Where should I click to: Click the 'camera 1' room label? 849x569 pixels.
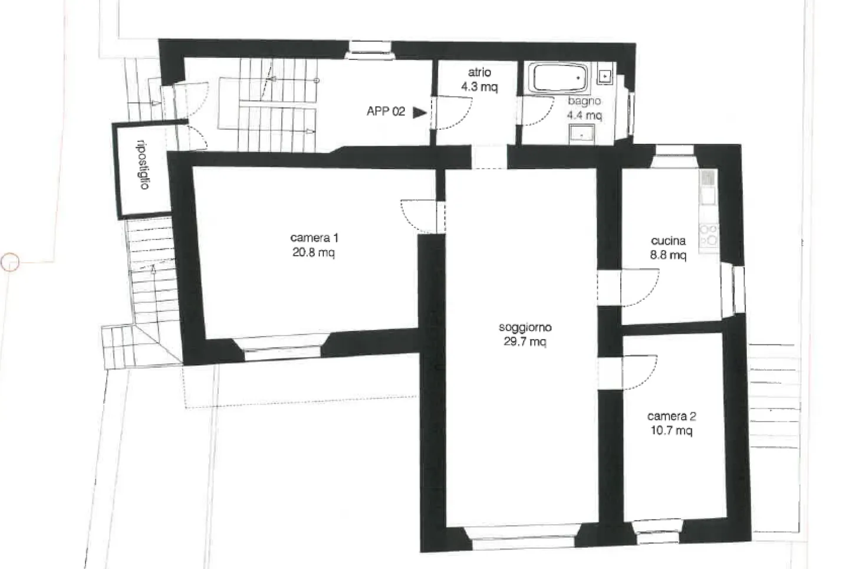click(x=314, y=238)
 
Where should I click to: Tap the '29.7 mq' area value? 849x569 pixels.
click(x=524, y=342)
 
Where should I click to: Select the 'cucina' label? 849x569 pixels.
click(x=668, y=241)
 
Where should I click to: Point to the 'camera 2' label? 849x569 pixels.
click(x=672, y=416)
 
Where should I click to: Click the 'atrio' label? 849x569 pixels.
click(x=479, y=73)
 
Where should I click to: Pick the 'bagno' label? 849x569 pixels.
click(x=584, y=101)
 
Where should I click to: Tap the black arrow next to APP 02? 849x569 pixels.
click(x=419, y=112)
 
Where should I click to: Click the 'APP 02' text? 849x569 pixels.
click(x=386, y=111)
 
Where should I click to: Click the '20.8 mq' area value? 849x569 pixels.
click(x=314, y=254)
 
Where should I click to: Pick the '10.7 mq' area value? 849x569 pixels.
click(x=672, y=431)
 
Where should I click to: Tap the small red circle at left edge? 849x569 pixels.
click(x=10, y=261)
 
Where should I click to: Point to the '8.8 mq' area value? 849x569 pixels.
click(x=668, y=255)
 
